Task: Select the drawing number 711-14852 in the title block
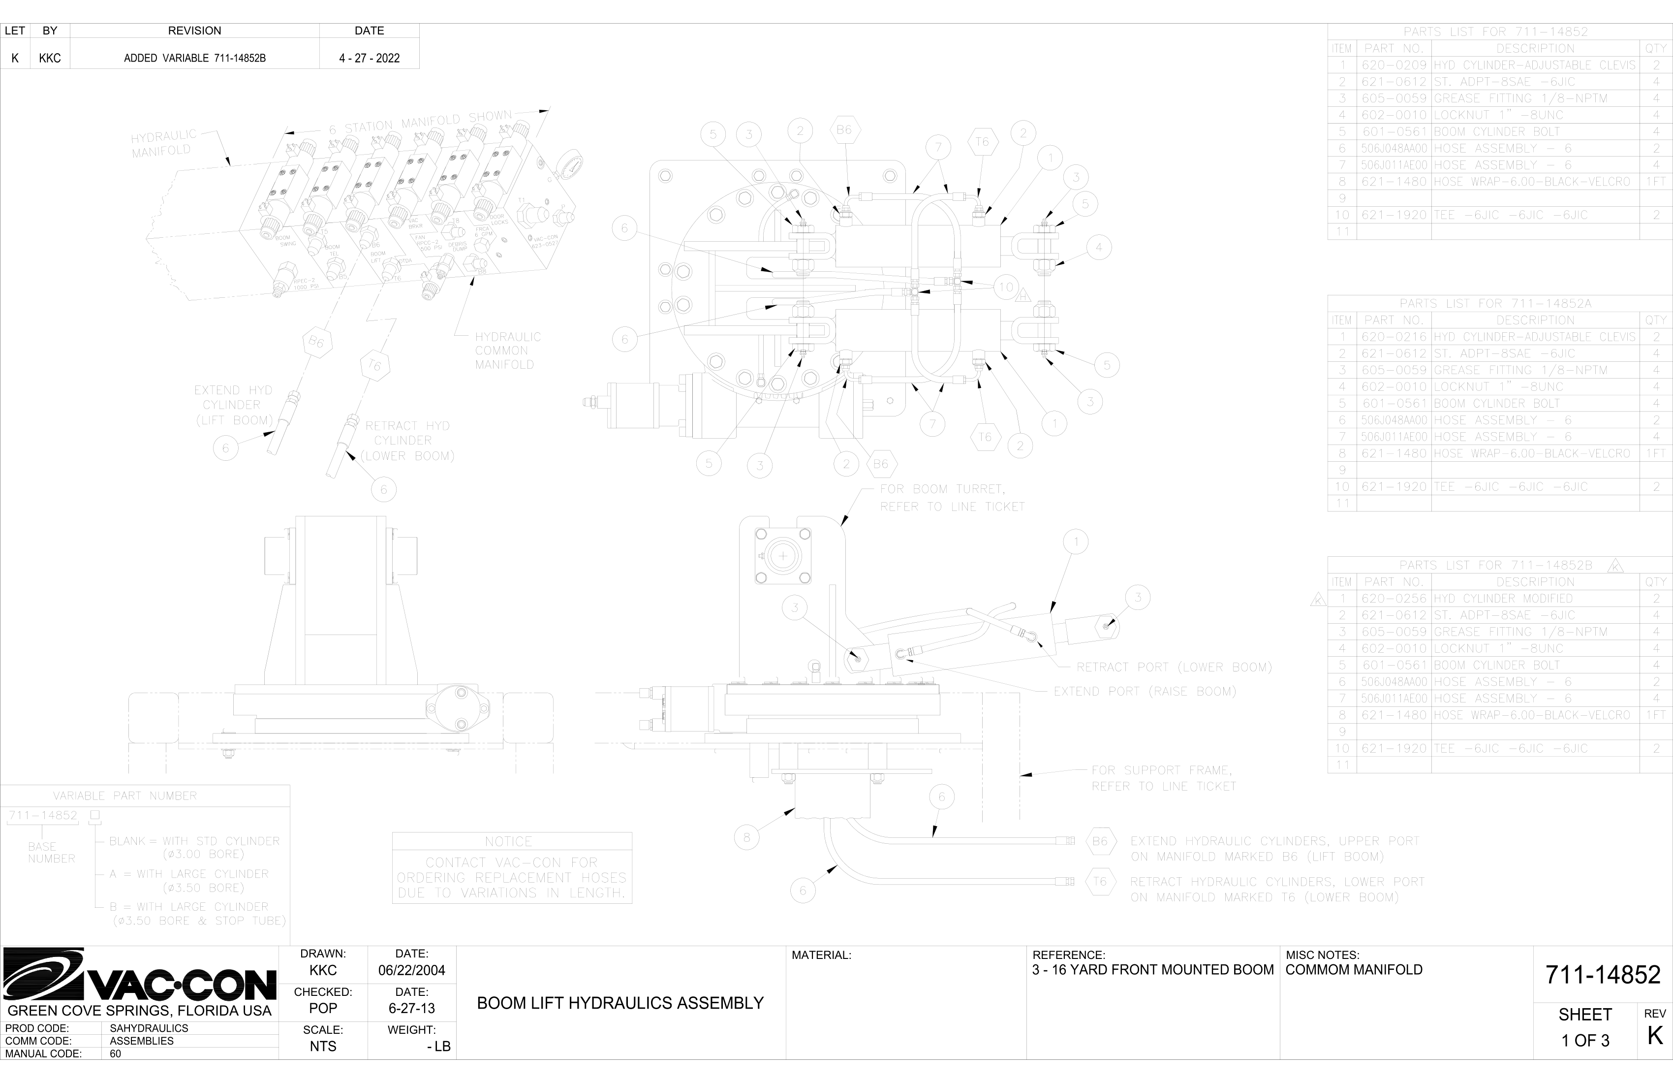pos(1602,975)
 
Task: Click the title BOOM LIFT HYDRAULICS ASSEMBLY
pos(620,1003)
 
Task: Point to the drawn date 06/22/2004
pos(411,970)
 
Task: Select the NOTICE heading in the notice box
pos(508,842)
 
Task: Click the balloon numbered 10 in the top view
pos(1006,287)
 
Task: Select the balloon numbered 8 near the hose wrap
pos(746,837)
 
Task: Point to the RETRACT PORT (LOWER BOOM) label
pos(1174,667)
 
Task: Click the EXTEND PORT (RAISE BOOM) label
pos(1145,691)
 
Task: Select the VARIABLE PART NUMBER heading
pos(125,796)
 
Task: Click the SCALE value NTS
pos(323,1046)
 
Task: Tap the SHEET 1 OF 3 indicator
pos(1585,1027)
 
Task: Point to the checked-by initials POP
pos(323,1008)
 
